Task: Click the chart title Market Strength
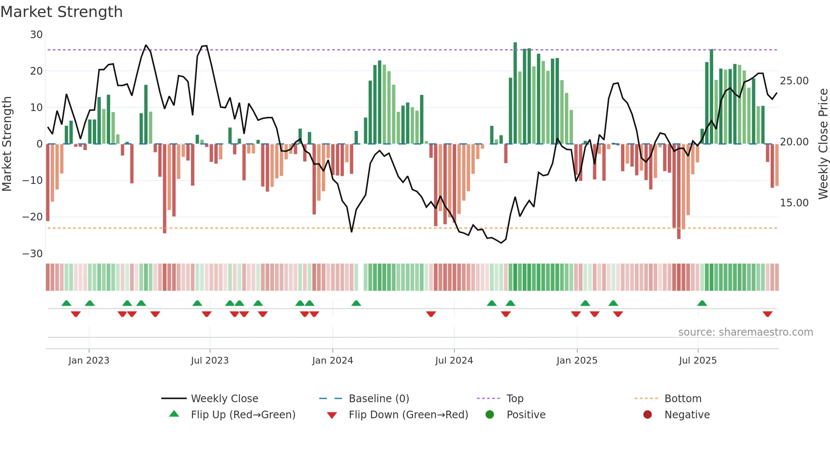[x=61, y=12]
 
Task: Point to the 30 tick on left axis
[x=36, y=35]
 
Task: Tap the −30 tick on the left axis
[x=33, y=254]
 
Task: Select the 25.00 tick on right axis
[x=794, y=81]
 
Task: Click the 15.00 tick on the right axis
[x=794, y=203]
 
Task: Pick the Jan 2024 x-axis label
[x=332, y=361]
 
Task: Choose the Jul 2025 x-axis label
[x=697, y=361]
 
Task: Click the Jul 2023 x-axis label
[x=210, y=361]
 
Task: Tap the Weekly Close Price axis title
[x=823, y=144]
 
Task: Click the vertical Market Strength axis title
[x=7, y=144]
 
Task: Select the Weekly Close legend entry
[x=224, y=399]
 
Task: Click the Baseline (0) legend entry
[x=379, y=399]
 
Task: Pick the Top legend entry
[x=515, y=399]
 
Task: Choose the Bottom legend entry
[x=683, y=399]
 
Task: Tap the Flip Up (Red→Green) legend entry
[x=243, y=415]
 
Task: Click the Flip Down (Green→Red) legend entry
[x=408, y=415]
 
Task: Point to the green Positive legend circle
[x=490, y=415]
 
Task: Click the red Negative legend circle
[x=647, y=415]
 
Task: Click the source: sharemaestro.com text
[x=745, y=332]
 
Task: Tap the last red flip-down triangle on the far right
[x=767, y=314]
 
